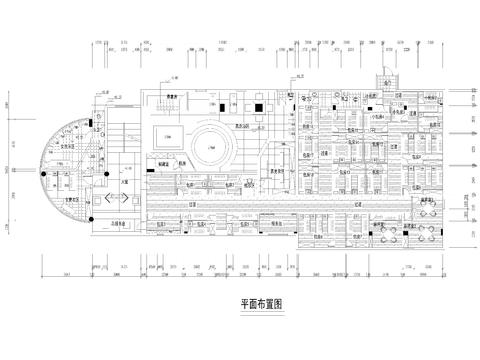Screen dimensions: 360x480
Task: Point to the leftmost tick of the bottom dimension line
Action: click(x=41, y=272)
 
